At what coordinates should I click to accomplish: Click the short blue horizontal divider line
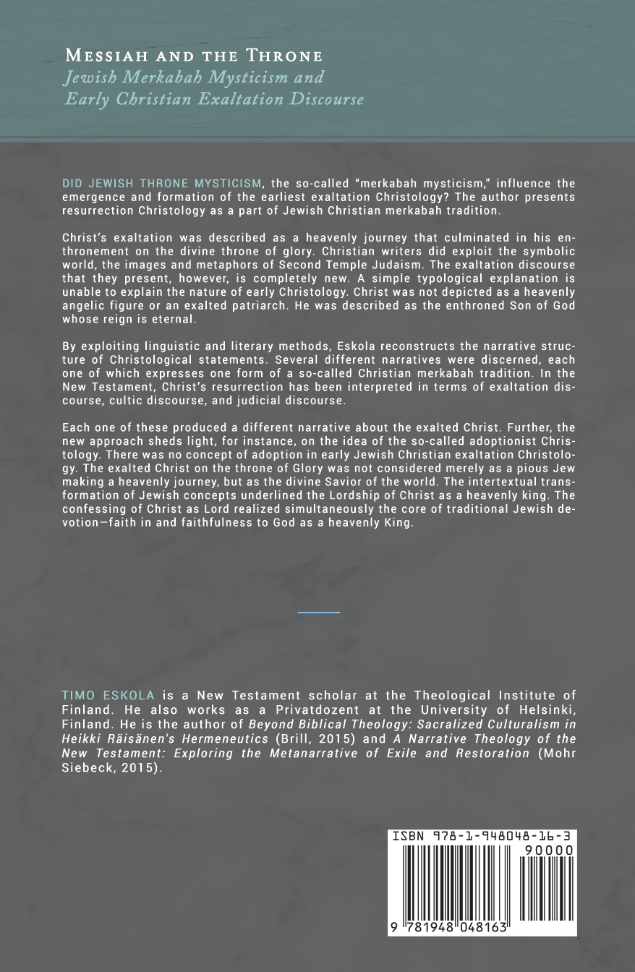[x=319, y=612]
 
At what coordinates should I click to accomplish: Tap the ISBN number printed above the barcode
[x=482, y=837]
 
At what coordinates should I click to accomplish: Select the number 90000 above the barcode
[x=549, y=850]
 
